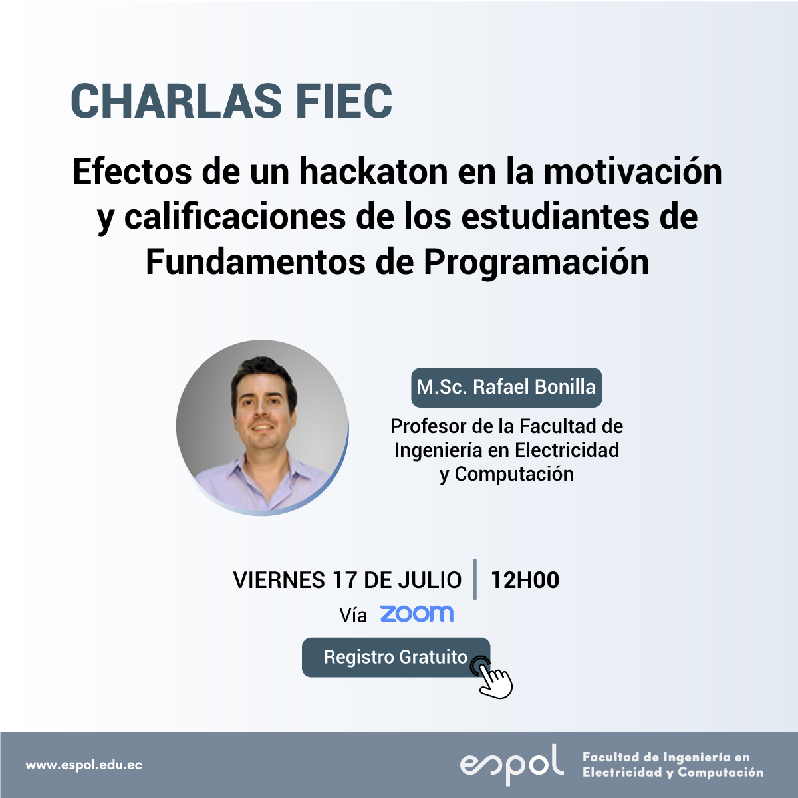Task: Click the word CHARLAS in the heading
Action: pyautogui.click(x=176, y=102)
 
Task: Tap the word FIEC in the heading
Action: pyautogui.click(x=344, y=102)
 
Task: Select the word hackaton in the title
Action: pyautogui.click(x=373, y=172)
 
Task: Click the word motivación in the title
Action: pyautogui.click(x=633, y=172)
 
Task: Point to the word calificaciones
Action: pyautogui.click(x=235, y=218)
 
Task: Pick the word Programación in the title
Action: pyautogui.click(x=536, y=263)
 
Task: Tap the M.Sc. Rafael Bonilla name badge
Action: pyautogui.click(x=506, y=387)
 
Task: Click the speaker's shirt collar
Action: pyautogui.click(x=265, y=472)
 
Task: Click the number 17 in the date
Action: pyautogui.click(x=344, y=580)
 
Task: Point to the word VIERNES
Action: pyautogui.click(x=279, y=580)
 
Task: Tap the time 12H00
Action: pyautogui.click(x=525, y=580)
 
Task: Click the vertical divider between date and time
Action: pyautogui.click(x=475, y=579)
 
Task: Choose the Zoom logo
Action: pyautogui.click(x=416, y=614)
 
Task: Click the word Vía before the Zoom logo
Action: pyautogui.click(x=353, y=615)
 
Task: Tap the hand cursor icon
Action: pyautogui.click(x=493, y=677)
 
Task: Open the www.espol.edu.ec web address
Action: pyautogui.click(x=84, y=765)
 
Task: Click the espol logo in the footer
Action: pyautogui.click(x=511, y=765)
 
